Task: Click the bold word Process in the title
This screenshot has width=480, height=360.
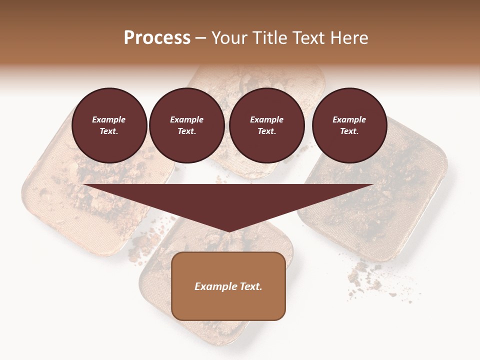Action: click(x=157, y=38)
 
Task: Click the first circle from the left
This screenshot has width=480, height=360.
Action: click(x=109, y=125)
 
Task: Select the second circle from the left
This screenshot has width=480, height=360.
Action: click(x=186, y=125)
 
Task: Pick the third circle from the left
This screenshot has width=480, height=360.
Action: click(x=266, y=125)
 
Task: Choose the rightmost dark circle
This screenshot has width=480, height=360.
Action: click(x=349, y=125)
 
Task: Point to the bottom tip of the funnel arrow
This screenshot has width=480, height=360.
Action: click(x=228, y=231)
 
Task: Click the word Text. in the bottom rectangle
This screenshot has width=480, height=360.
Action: click(x=250, y=286)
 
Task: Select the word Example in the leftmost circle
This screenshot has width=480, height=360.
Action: click(x=109, y=120)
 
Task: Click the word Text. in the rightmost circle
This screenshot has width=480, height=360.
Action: click(x=349, y=131)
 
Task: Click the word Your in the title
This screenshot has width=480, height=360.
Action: click(x=227, y=38)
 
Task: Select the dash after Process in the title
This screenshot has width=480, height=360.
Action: click(x=200, y=38)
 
